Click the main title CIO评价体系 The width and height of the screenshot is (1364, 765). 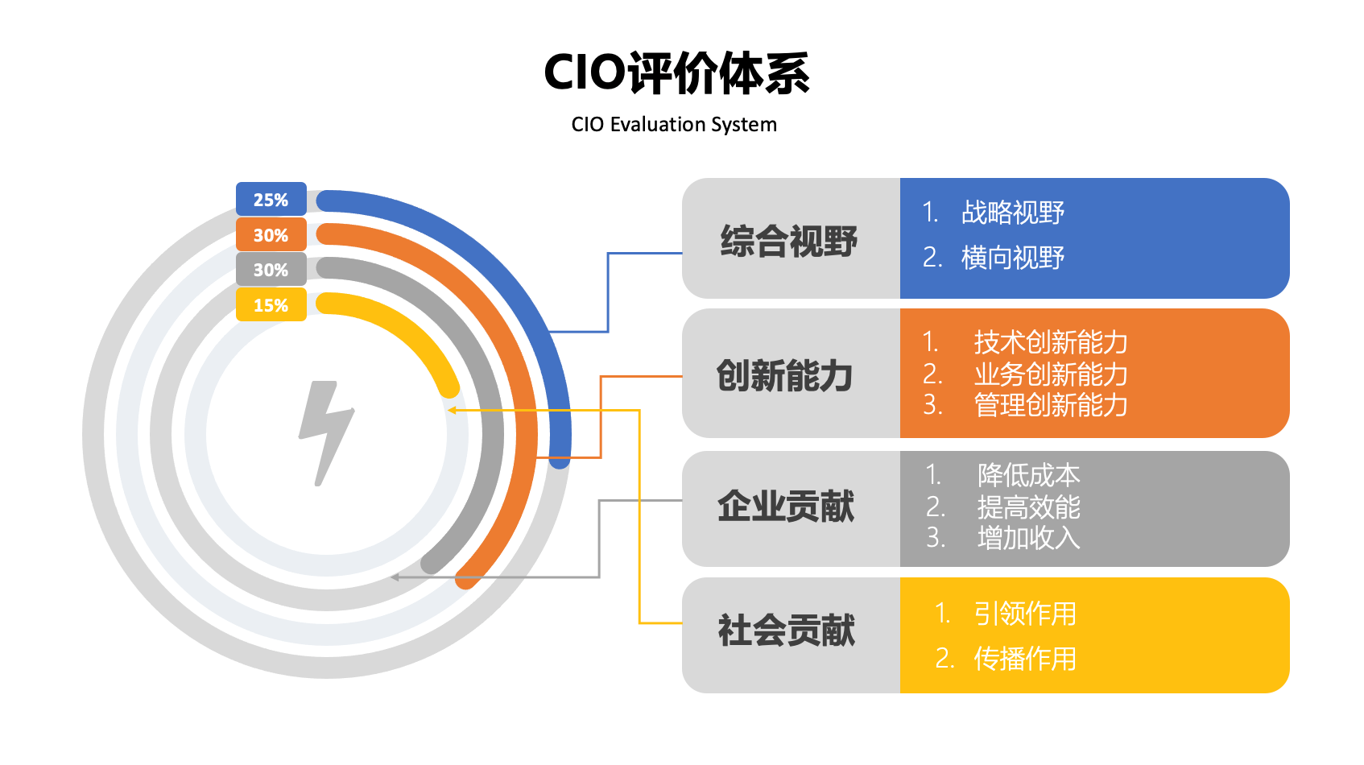[676, 73]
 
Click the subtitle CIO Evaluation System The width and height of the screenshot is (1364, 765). [674, 125]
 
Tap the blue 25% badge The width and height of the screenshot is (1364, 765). [271, 199]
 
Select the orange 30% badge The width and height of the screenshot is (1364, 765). [271, 234]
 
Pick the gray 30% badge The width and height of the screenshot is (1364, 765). [271, 269]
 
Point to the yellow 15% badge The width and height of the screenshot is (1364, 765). [271, 304]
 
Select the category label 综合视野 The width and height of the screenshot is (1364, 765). [788, 242]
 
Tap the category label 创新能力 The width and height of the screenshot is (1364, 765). [784, 375]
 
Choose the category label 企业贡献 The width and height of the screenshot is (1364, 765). [786, 507]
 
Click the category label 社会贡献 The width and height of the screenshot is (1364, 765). [786, 631]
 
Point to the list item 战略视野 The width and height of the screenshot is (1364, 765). [1013, 213]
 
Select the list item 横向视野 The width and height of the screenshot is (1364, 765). [1013, 258]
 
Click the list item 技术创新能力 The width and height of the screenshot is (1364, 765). [1051, 342]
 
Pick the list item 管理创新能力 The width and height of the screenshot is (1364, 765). [1051, 405]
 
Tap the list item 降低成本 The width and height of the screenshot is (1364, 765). [1028, 475]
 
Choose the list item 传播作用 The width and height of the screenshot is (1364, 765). [1025, 659]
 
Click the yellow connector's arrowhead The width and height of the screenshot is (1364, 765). [452, 411]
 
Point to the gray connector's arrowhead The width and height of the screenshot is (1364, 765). [395, 577]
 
